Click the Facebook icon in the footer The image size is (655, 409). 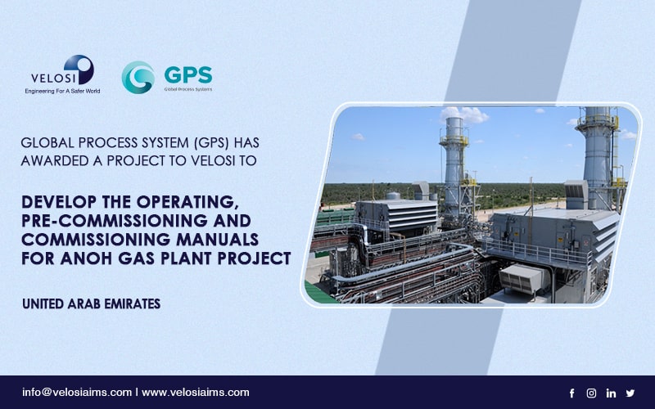click(571, 393)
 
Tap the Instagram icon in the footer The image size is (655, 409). click(591, 393)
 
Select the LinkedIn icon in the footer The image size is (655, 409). click(611, 393)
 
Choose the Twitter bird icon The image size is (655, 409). click(630, 393)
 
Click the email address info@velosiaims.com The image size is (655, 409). click(77, 393)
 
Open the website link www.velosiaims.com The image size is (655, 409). click(196, 393)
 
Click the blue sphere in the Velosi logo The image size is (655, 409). click(79, 70)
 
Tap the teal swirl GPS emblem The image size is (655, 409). click(138, 77)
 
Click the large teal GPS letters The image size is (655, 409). click(188, 75)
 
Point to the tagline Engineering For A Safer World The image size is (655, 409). click(62, 91)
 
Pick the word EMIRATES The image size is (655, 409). click(133, 303)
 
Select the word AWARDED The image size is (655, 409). click(55, 160)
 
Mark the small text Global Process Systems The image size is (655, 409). click(188, 89)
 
